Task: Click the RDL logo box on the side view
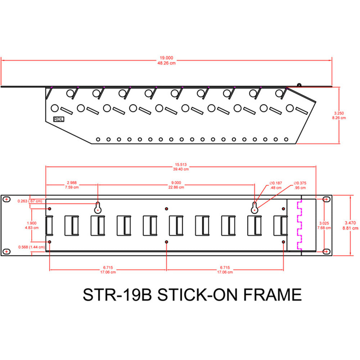tap(58, 119)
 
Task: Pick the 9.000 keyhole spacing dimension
tap(176, 183)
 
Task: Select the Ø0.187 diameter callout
tap(276, 183)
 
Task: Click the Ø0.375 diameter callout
tap(300, 183)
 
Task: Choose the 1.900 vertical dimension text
tap(37, 223)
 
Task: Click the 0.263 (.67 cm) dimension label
tap(30, 201)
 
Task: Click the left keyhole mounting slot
tap(98, 207)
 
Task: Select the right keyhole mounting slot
tap(255, 207)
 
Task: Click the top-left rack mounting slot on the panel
tap(6, 199)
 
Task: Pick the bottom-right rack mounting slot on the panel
tap(326, 251)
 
